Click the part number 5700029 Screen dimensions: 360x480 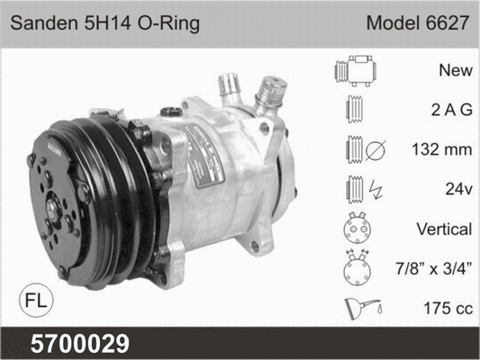(80, 344)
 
